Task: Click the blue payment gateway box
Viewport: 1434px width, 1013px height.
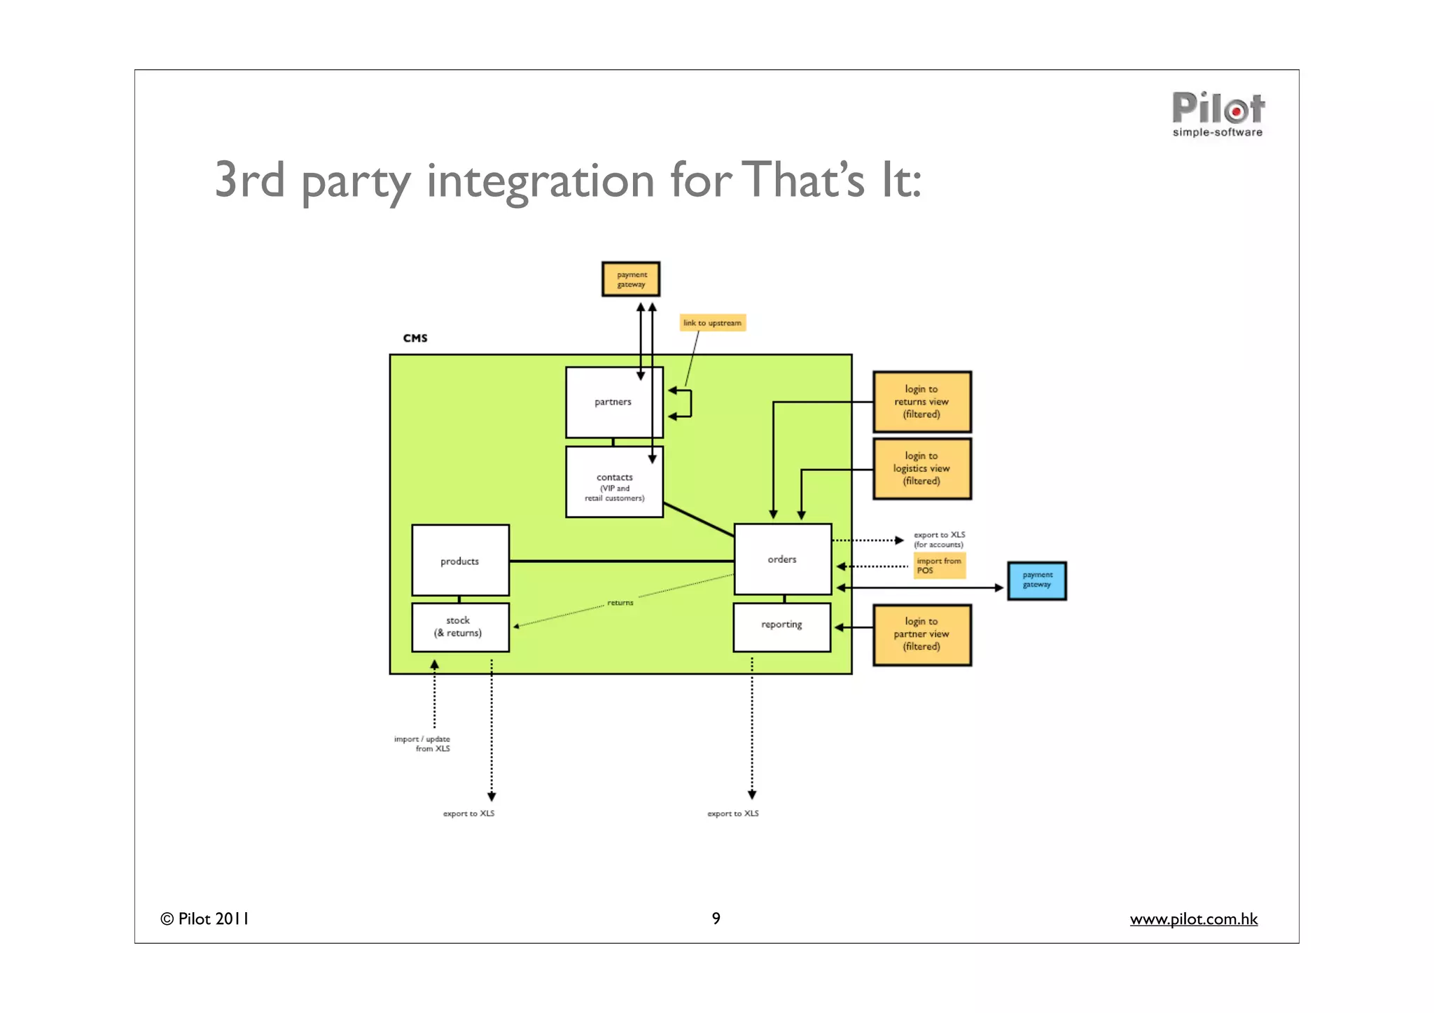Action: click(1036, 580)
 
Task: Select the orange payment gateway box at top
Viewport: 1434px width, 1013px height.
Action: click(630, 279)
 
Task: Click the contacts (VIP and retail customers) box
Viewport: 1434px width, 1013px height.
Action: click(614, 483)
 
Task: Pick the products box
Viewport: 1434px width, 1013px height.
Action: click(460, 561)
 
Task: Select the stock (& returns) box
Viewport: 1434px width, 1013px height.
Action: click(460, 627)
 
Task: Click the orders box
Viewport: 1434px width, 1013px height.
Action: click(782, 559)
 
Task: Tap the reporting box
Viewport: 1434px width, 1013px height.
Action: click(781, 625)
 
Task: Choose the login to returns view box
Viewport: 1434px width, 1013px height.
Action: click(921, 402)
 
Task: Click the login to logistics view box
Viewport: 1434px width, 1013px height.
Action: click(921, 468)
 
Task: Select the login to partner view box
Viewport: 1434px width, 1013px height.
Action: click(921, 634)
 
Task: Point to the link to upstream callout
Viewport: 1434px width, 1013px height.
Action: click(712, 323)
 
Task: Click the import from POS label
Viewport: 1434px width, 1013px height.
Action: click(939, 566)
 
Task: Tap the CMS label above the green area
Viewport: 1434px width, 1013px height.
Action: click(415, 338)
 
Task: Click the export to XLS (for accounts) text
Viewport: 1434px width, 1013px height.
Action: click(939, 540)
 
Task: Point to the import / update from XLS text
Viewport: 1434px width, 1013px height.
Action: click(423, 743)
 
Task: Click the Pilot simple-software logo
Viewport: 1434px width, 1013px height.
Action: click(1218, 114)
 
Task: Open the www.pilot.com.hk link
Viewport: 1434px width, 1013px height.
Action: click(1193, 919)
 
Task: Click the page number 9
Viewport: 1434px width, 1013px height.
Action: click(716, 918)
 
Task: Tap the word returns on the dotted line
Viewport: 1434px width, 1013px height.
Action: click(620, 603)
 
